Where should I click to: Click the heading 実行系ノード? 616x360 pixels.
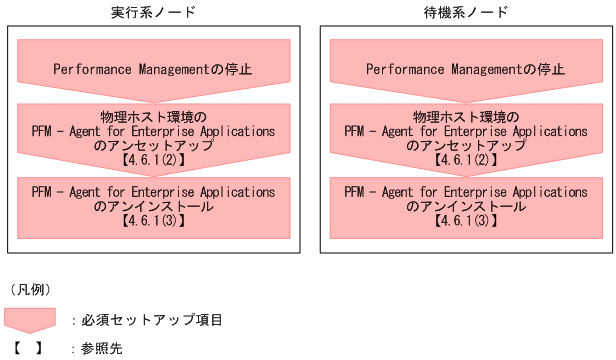[153, 14]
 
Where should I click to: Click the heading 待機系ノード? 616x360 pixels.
[465, 14]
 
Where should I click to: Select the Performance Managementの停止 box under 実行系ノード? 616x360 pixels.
[153, 69]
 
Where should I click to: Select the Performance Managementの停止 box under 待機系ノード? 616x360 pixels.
[465, 69]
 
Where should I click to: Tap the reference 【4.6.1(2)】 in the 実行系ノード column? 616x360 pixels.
[153, 158]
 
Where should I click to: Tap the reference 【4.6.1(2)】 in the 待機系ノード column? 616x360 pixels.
[465, 158]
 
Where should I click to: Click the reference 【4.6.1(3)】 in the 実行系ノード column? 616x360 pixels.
[153, 220]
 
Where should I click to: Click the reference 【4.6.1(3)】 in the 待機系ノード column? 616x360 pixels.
[465, 220]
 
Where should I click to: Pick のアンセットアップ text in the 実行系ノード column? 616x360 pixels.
[153, 144]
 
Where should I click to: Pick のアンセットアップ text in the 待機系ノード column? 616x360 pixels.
[465, 144]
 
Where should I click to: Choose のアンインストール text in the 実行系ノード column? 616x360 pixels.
[153, 206]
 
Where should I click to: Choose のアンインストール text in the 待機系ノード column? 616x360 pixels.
[465, 206]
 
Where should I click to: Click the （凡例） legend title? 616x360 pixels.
[30, 290]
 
